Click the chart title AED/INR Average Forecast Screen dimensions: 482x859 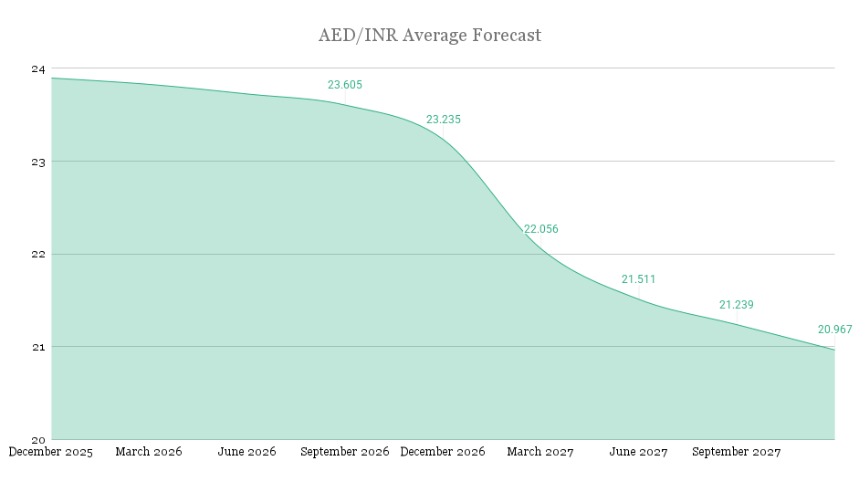pyautogui.click(x=429, y=36)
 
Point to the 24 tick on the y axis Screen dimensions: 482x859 pyautogui.click(x=39, y=68)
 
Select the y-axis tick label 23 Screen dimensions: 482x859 pyautogui.click(x=39, y=162)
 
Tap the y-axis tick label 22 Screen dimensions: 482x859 pyautogui.click(x=39, y=254)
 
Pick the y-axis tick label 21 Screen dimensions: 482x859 pyautogui.click(x=39, y=347)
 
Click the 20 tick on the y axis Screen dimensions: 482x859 pyautogui.click(x=39, y=439)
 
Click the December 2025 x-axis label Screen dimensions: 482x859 pyautogui.click(x=51, y=452)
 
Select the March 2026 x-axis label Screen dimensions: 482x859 pyautogui.click(x=149, y=452)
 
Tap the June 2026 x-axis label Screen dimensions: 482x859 pyautogui.click(x=247, y=452)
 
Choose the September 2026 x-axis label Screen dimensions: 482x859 pyautogui.click(x=345, y=452)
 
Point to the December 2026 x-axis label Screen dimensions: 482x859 pyautogui.click(x=443, y=452)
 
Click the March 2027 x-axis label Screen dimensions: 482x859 pyautogui.click(x=540, y=452)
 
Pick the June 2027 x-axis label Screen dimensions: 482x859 pyautogui.click(x=639, y=452)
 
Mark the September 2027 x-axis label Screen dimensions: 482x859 pyautogui.click(x=737, y=452)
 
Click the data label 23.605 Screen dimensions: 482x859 pyautogui.click(x=345, y=85)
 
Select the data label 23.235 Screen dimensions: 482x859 pyautogui.click(x=444, y=120)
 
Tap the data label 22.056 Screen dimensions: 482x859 pyautogui.click(x=541, y=229)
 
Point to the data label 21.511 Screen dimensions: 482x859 pyautogui.click(x=639, y=279)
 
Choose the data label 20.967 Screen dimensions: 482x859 pyautogui.click(x=834, y=330)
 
